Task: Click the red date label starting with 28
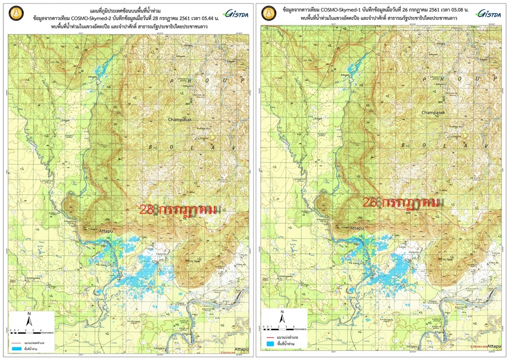(x=178, y=209)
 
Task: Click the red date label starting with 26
(x=402, y=203)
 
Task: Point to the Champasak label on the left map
(x=180, y=120)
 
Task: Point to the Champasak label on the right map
(x=433, y=113)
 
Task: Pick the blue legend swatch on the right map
(x=270, y=344)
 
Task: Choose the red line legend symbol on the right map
(x=270, y=336)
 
